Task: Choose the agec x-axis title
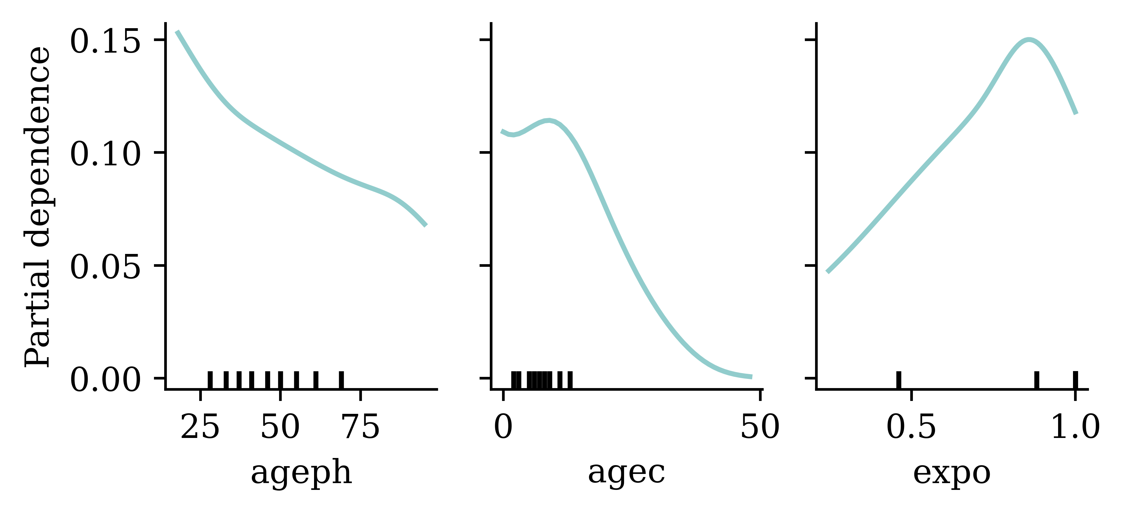[x=626, y=473]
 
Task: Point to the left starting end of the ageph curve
[x=177, y=32]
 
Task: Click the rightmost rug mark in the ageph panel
[x=342, y=380]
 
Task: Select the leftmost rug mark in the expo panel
[x=898, y=380]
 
